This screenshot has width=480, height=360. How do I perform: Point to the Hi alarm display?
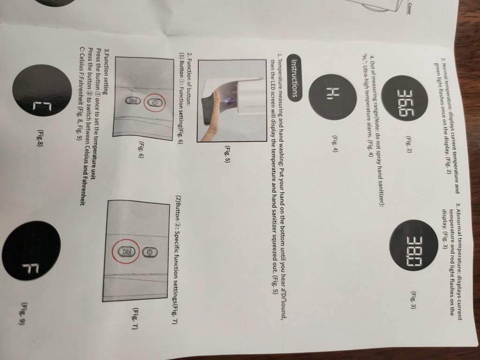pos(332,97)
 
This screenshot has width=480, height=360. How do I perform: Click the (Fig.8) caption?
pos(40,138)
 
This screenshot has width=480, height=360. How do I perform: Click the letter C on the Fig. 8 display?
pos(39,107)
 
